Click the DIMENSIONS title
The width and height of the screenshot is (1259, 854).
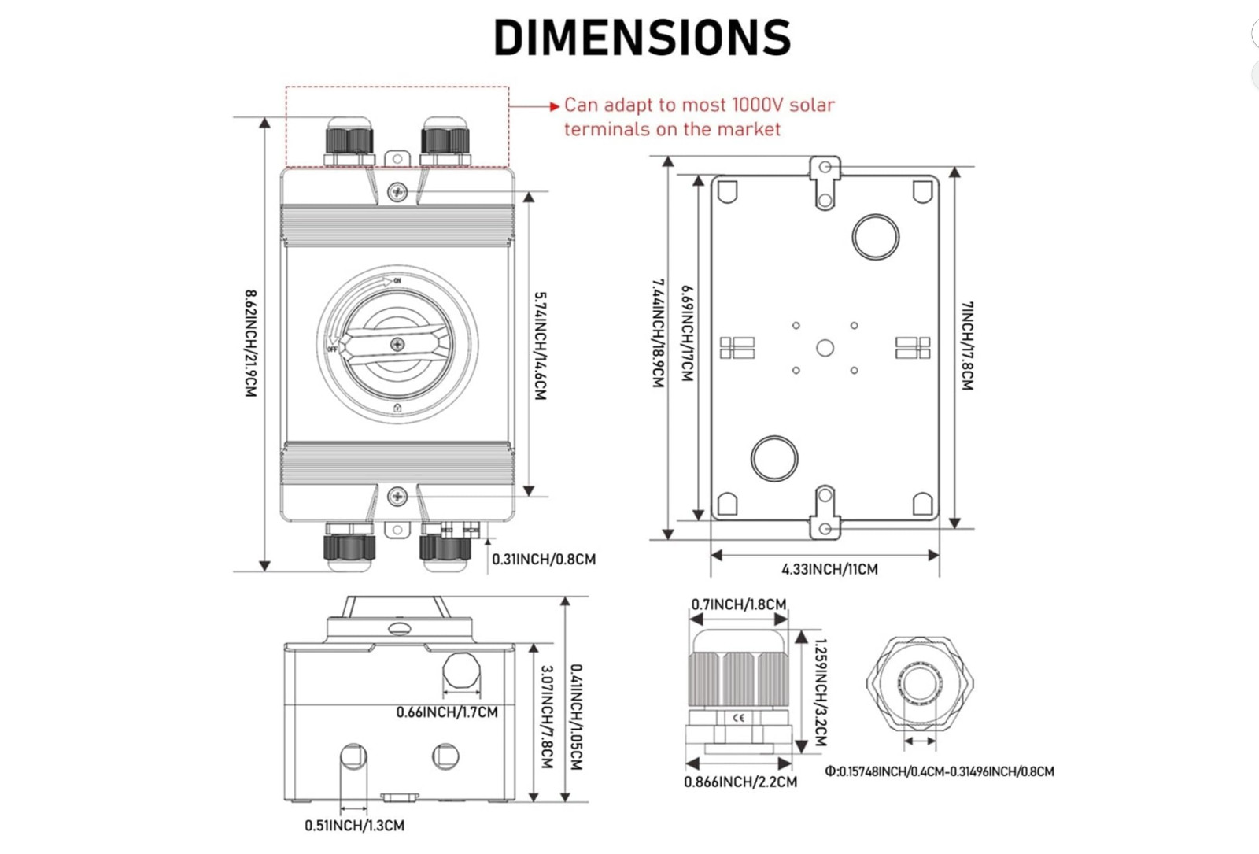[642, 37]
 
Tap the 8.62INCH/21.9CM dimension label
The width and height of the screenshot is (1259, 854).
[251, 343]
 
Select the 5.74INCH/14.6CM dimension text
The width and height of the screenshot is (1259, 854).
[540, 346]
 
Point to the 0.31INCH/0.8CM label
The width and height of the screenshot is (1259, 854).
[544, 560]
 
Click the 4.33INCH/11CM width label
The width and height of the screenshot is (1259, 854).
[829, 570]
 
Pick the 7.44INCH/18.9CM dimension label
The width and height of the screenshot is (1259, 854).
[658, 334]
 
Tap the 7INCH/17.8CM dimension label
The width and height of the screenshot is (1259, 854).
[967, 346]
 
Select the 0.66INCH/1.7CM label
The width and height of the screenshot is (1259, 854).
[447, 712]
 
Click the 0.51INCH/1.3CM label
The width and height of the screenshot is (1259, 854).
[354, 826]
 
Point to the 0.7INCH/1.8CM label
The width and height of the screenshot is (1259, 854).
[739, 604]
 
